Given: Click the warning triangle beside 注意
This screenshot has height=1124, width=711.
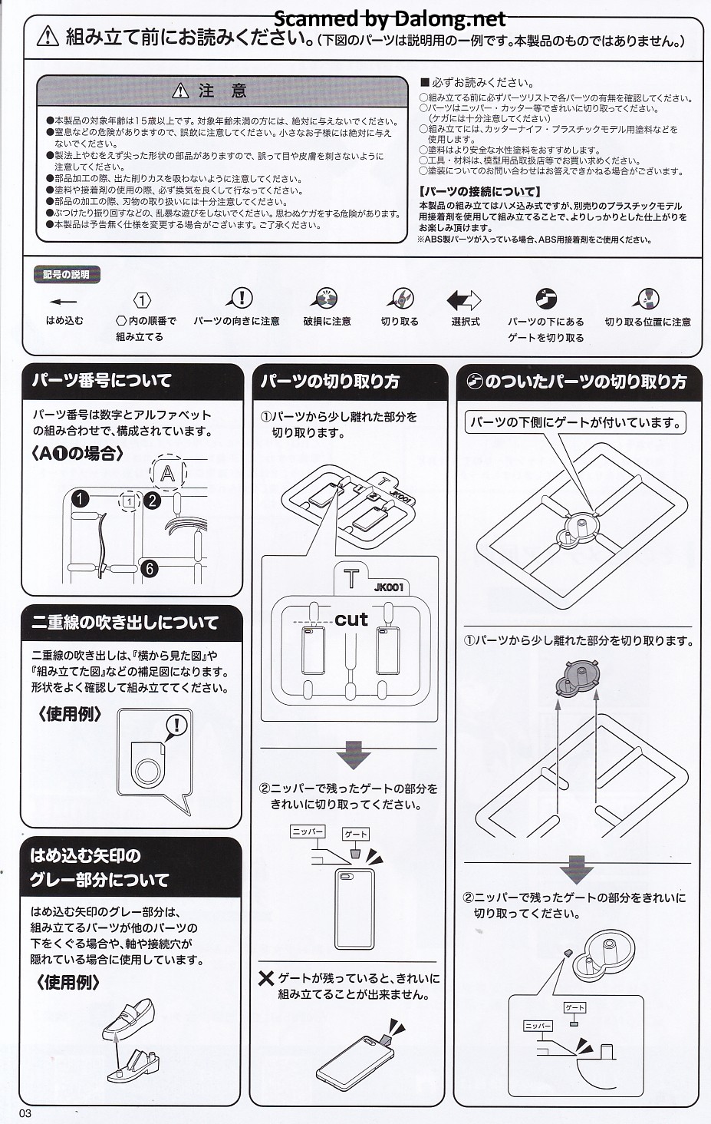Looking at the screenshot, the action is point(180,91).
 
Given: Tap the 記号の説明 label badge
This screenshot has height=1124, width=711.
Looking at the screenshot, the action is point(66,275).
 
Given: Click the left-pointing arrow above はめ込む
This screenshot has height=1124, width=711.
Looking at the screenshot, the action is point(64,302).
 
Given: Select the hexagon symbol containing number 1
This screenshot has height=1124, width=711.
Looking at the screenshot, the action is point(143,300).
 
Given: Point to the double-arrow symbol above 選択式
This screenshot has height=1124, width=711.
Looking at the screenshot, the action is point(464,300).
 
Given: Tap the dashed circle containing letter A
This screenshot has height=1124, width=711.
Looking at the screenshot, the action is point(168,473).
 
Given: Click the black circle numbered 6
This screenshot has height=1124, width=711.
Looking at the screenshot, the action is point(150,568).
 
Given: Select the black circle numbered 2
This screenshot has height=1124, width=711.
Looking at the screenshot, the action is point(153,501).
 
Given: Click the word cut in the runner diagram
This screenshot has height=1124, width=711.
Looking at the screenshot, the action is point(351,620).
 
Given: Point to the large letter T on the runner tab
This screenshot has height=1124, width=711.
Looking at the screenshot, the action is point(351,579).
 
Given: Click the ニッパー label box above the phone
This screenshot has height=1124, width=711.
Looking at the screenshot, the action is point(308,832).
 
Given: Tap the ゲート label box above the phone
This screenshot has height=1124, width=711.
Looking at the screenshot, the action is point(356,834).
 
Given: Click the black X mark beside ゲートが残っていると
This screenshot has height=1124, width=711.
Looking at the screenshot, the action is point(266,978).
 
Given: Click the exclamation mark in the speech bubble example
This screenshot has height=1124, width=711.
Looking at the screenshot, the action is point(176,725).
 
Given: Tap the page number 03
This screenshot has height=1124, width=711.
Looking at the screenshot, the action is point(25,1113).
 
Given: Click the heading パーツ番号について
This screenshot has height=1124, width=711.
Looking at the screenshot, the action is point(102,380).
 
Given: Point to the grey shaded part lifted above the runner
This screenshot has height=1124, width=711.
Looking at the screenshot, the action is point(577,677).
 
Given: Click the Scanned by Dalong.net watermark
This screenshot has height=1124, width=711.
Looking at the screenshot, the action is point(390,19).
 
